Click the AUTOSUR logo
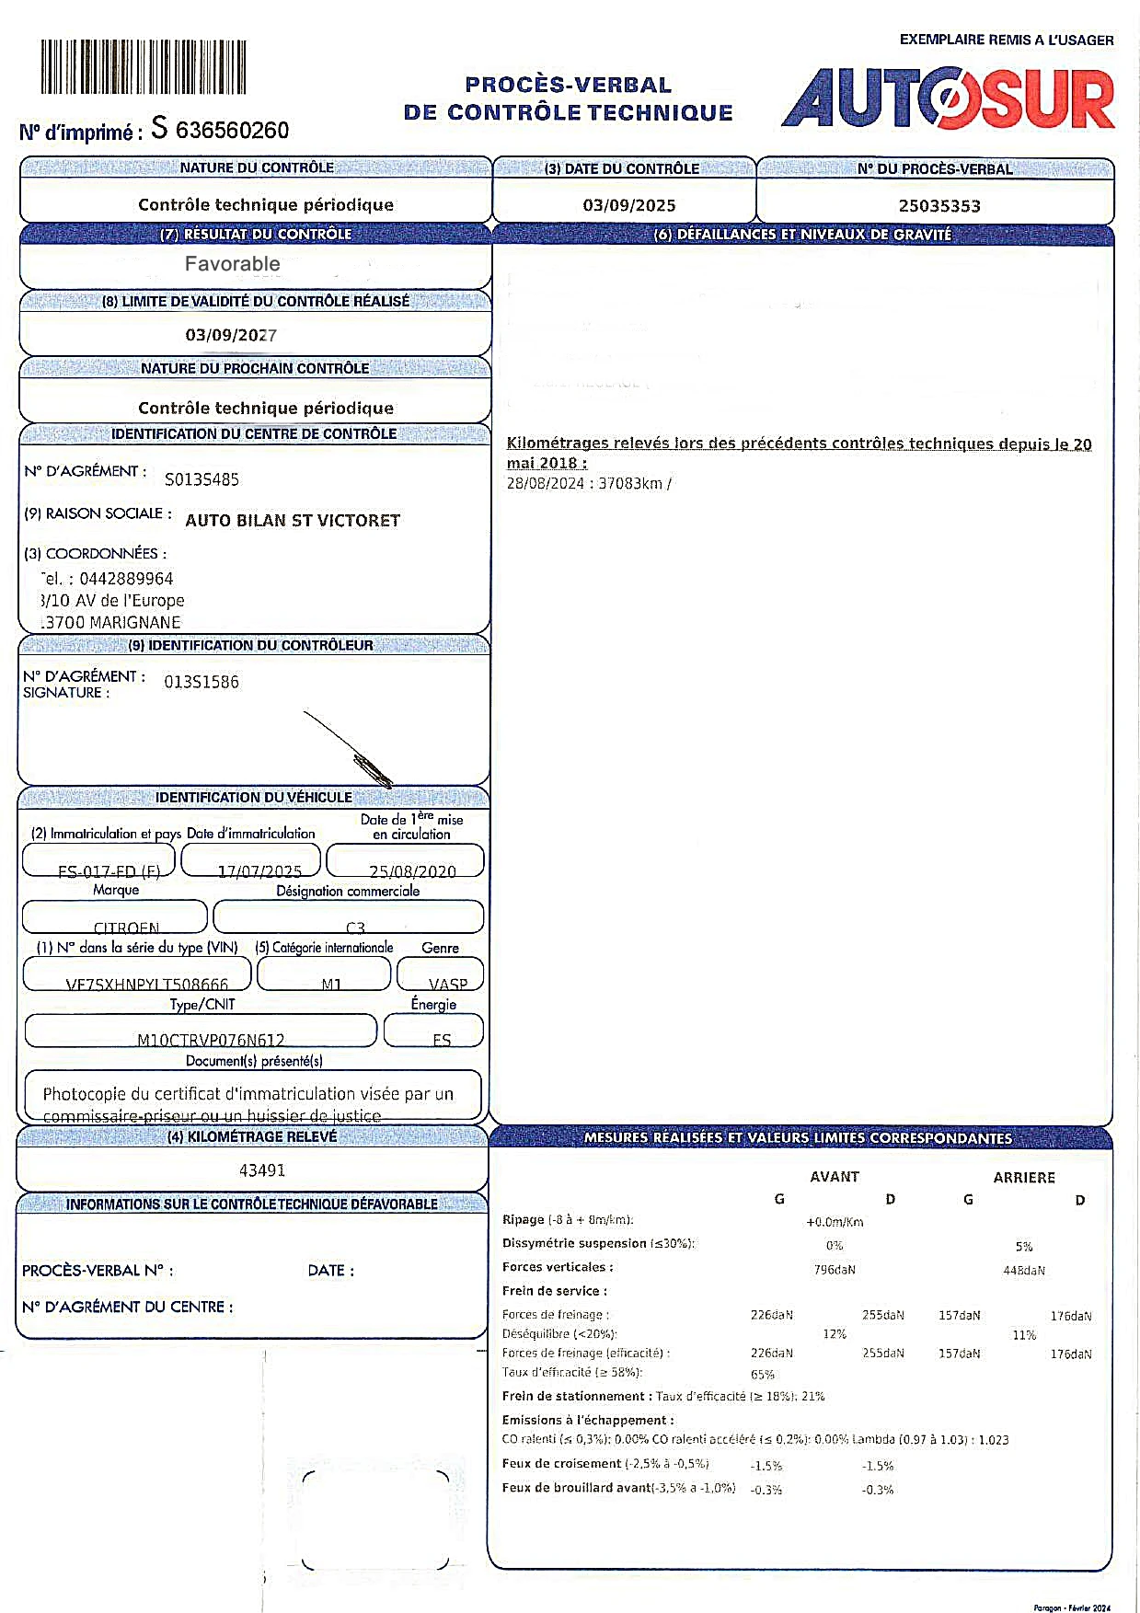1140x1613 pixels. (948, 98)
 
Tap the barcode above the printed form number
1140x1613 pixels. (144, 67)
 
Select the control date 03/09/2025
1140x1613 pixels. (629, 205)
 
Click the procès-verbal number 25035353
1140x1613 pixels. (939, 206)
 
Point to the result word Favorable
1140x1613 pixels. (232, 264)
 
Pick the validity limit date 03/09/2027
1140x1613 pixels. (231, 335)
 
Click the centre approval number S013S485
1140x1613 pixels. (202, 479)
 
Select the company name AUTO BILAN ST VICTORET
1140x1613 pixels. (293, 521)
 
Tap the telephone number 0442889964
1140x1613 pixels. (126, 579)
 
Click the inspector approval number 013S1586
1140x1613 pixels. (202, 682)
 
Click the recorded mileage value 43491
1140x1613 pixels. (262, 1170)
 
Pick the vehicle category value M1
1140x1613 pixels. (331, 984)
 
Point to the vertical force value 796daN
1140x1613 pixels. (835, 1270)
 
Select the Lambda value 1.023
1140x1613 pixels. (993, 1440)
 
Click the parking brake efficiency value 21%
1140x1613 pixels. (813, 1397)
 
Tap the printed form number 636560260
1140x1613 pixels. (232, 131)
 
